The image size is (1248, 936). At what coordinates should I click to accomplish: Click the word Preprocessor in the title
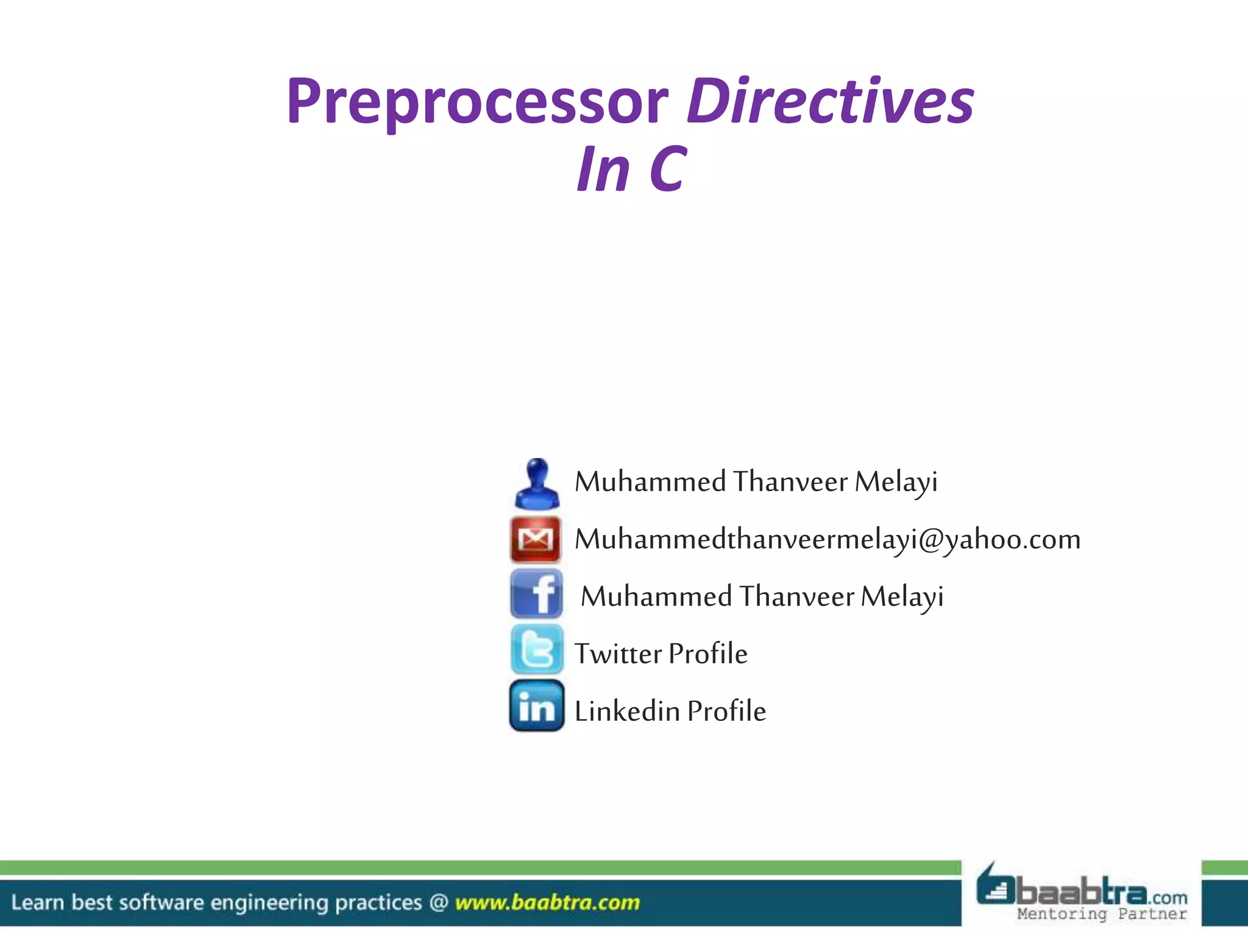[477, 102]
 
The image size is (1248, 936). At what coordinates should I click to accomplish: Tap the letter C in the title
[668, 169]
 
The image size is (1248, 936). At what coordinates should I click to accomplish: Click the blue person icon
[536, 484]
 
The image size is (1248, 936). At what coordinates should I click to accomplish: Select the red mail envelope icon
[536, 539]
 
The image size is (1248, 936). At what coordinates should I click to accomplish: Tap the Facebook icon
[537, 594]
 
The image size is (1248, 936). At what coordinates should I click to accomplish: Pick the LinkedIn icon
[537, 706]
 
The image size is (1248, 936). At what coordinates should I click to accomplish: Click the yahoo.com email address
[827, 539]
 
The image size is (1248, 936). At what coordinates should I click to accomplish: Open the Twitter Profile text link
[661, 654]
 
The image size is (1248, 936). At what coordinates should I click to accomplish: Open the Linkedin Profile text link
[670, 711]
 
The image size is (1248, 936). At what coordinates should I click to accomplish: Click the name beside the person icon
[756, 482]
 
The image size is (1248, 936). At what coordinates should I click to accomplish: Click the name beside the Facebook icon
[762, 597]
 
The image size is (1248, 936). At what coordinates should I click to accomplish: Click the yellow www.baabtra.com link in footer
[547, 902]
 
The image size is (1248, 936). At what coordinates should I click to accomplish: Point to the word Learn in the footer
[37, 902]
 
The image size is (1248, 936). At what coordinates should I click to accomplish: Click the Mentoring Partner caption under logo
[1101, 914]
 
